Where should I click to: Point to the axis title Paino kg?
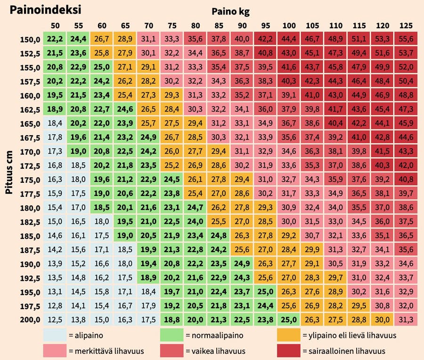pyautogui.click(x=230, y=11)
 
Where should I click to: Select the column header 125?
pyautogui.click(x=406, y=25)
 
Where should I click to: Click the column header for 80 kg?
pyautogui.click(x=195, y=25)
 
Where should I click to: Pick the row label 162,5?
pyautogui.click(x=30, y=110)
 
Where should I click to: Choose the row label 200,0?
pyautogui.click(x=30, y=320)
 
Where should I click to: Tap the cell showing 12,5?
pyautogui.click(x=55, y=320)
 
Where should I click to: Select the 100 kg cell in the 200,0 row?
pyautogui.click(x=289, y=320)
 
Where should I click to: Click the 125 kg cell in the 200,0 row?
pyautogui.click(x=406, y=320)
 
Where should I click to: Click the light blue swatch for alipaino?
pyautogui.click(x=55, y=335)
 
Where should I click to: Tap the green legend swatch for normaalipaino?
pyautogui.click(x=172, y=335)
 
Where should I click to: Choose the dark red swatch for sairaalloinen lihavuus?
pyautogui.click(x=289, y=351)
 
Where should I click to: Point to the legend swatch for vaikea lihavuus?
pyautogui.click(x=172, y=351)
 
